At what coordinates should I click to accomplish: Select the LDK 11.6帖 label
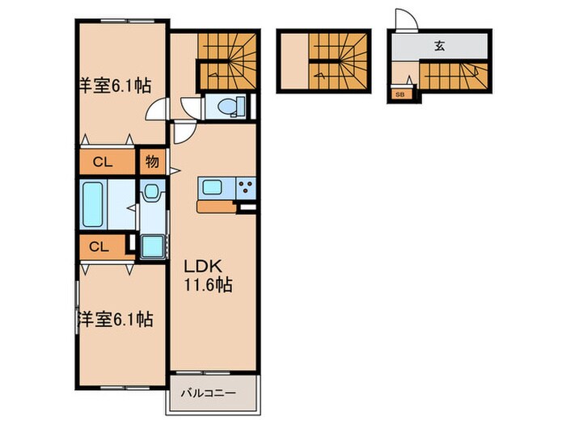(x=212, y=275)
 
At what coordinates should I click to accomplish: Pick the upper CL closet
(x=102, y=162)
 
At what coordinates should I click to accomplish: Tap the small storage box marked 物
(x=151, y=161)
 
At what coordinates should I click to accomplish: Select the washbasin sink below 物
(x=150, y=193)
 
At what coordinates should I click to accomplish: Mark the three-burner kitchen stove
(x=245, y=189)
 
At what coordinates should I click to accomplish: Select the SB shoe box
(x=399, y=94)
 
